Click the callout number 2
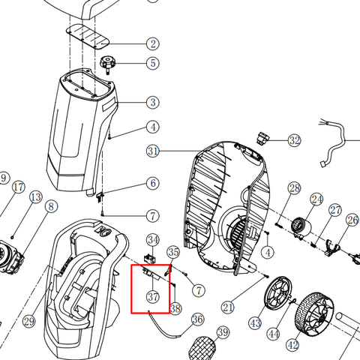pos(153,43)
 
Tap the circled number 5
pos(153,63)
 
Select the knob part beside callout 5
pos(108,64)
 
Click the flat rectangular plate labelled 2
pos(88,37)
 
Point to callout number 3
pos(153,102)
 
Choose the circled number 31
pos(153,151)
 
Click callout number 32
pos(294,140)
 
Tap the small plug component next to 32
pos(262,137)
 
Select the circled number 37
pos(153,297)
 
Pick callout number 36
pos(198,319)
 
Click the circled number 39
pos(223,332)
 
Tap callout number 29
pos(29,321)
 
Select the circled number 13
pos(36,197)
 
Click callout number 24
pos(316,199)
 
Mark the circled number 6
pos(153,183)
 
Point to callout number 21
pos(228,307)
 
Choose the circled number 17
pos(19,187)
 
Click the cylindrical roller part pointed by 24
pos(301,227)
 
